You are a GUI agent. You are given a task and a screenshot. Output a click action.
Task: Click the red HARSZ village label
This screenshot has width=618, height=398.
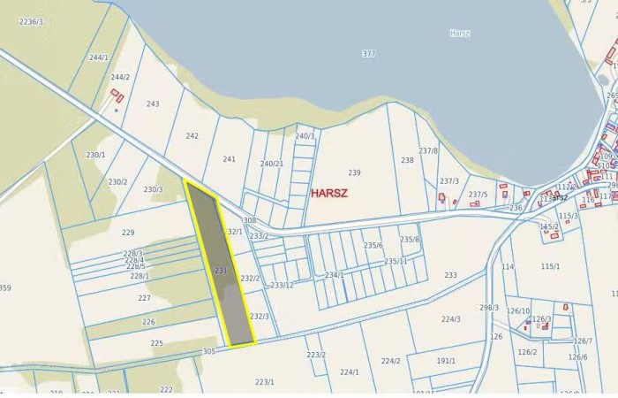click(329, 192)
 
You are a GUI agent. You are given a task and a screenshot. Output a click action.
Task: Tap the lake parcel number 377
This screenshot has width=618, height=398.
click(368, 54)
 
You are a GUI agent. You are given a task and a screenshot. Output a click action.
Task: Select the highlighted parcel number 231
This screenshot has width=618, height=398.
click(221, 270)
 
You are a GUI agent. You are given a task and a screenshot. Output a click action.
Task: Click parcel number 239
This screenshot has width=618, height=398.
click(354, 172)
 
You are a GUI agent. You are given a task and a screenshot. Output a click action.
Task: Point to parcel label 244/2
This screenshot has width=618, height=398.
click(120, 77)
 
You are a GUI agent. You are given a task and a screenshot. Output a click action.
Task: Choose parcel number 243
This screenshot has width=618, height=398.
click(153, 103)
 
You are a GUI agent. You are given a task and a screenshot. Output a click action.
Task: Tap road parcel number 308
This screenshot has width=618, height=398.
click(249, 220)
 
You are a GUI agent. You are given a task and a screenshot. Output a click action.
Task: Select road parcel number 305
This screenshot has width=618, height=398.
click(208, 351)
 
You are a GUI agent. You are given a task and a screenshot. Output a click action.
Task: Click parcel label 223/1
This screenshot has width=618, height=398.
click(264, 381)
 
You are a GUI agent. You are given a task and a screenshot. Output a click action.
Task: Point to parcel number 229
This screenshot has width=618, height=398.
click(128, 233)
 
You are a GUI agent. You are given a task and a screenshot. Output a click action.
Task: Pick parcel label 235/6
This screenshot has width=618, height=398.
click(373, 245)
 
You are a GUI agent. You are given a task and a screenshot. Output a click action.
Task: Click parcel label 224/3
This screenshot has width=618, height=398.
click(451, 319)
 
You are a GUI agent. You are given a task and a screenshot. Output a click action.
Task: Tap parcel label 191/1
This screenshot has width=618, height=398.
click(446, 360)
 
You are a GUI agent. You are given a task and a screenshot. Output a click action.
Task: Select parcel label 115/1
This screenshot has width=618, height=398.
click(550, 266)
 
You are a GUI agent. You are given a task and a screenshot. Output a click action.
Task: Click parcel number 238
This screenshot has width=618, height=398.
click(407, 160)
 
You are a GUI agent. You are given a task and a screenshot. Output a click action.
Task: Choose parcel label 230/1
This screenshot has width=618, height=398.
click(95, 155)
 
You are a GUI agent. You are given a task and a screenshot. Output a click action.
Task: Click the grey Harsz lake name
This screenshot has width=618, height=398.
click(459, 34)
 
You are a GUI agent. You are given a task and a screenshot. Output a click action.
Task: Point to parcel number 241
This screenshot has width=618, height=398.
click(229, 159)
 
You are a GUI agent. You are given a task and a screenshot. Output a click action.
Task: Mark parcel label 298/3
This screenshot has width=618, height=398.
click(489, 307)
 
